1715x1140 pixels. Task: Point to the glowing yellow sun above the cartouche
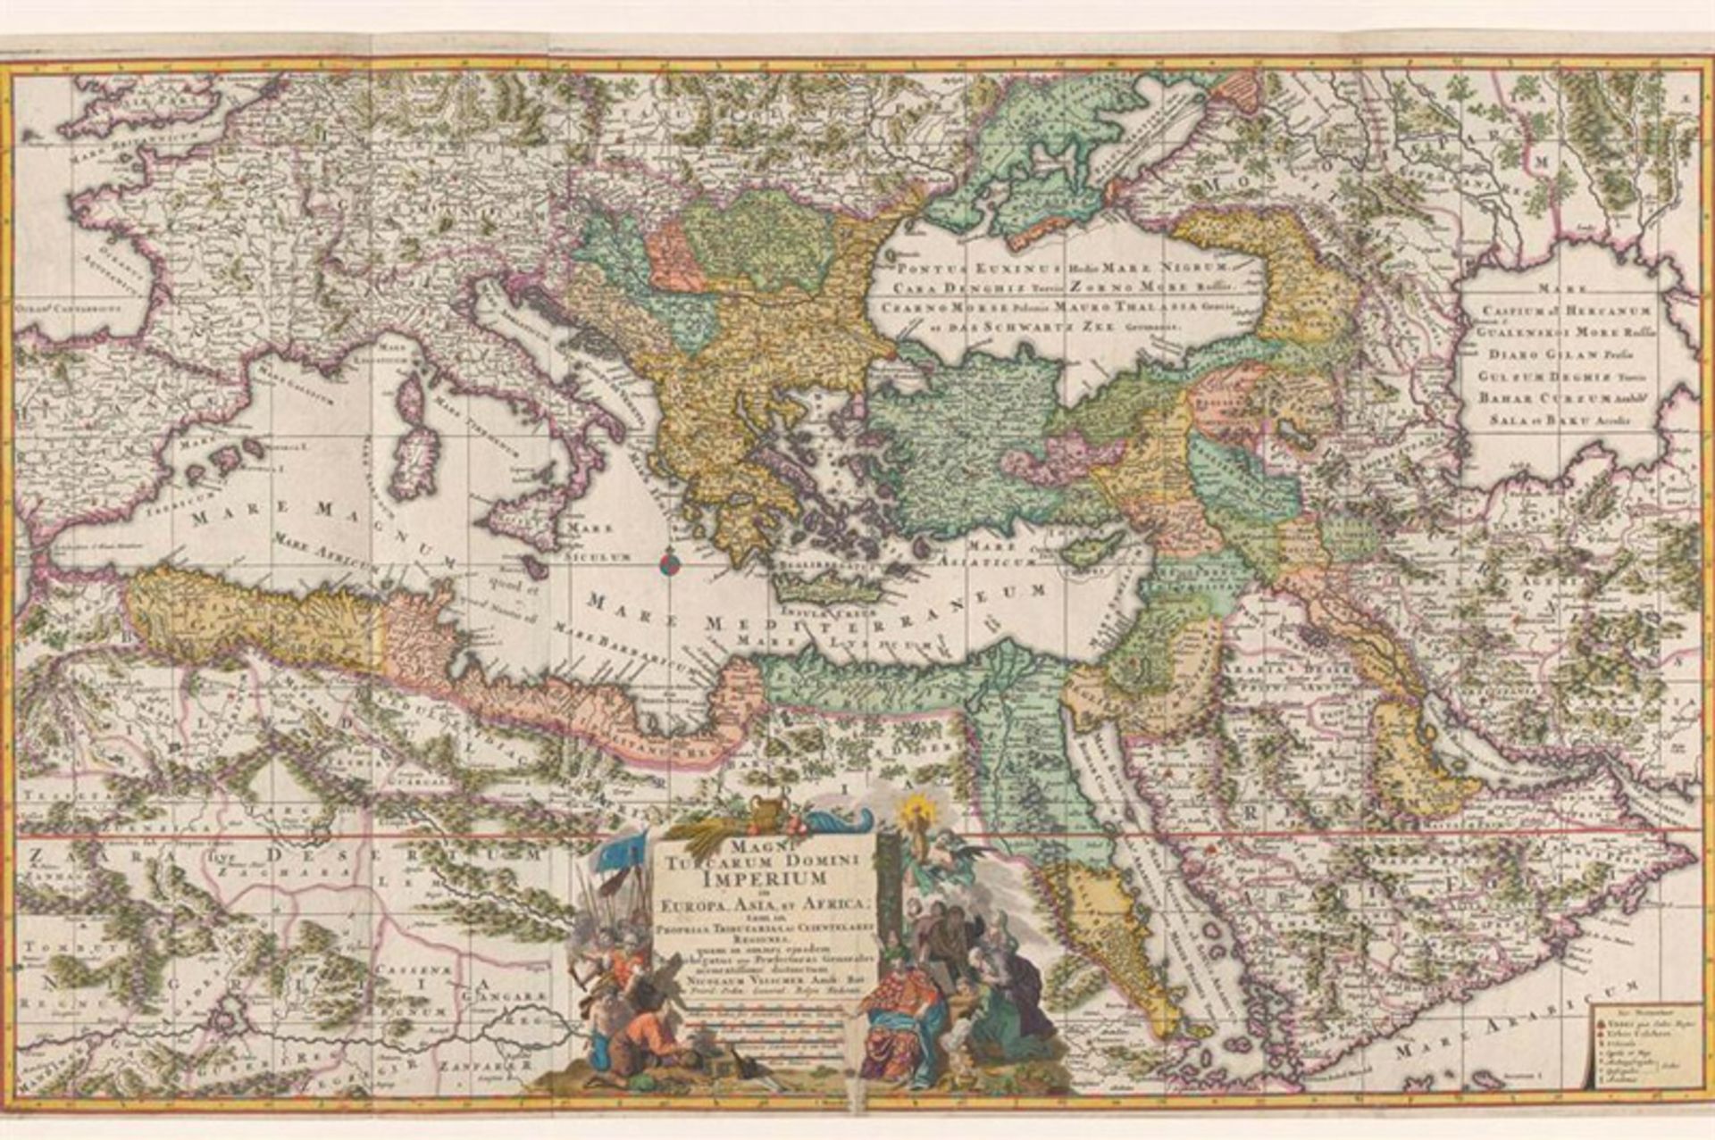click(x=915, y=811)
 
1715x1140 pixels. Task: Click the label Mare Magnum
click(x=313, y=527)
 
